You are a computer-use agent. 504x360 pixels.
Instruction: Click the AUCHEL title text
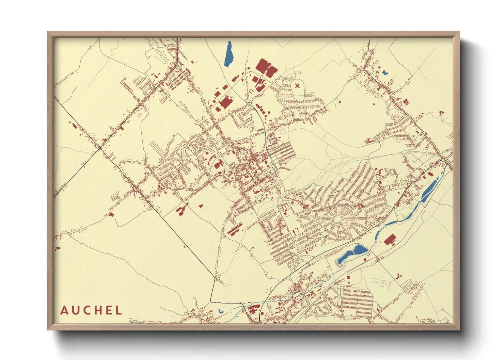click(x=91, y=310)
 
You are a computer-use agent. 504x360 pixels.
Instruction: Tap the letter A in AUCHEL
click(x=64, y=311)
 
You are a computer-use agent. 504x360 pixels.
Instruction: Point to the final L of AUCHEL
click(x=119, y=310)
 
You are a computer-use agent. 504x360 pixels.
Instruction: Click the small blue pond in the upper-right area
click(x=384, y=72)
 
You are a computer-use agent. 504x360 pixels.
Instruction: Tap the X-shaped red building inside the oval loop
click(x=297, y=85)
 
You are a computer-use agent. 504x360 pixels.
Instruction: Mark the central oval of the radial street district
click(x=337, y=219)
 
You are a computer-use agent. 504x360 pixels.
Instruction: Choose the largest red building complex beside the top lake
click(x=266, y=67)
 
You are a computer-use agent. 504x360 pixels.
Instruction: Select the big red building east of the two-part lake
click(x=390, y=240)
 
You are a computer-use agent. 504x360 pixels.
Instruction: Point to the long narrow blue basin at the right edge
click(x=429, y=189)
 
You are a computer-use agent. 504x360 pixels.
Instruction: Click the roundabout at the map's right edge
click(x=443, y=160)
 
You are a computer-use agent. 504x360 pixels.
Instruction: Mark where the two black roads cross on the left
click(x=100, y=148)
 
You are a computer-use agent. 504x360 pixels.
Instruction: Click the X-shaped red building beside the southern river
click(x=312, y=292)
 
